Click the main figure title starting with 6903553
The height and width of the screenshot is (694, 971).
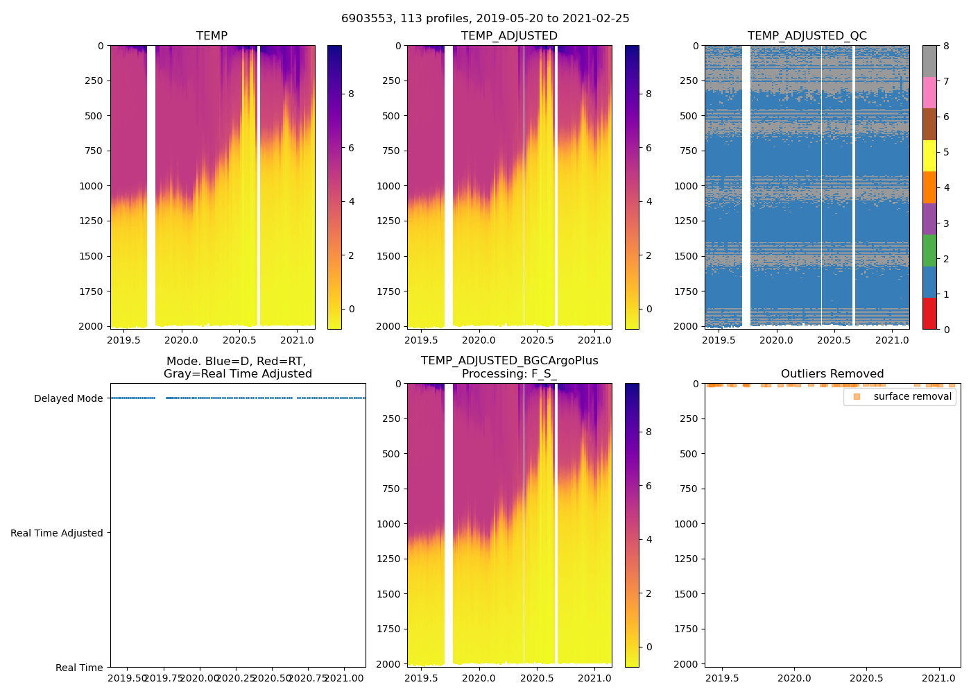[486, 19]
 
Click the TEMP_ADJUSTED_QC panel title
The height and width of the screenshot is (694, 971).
[807, 36]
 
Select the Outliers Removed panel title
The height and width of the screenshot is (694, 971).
[832, 374]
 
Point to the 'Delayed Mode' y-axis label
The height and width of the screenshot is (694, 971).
[68, 398]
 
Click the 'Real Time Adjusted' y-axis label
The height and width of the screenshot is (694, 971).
[57, 533]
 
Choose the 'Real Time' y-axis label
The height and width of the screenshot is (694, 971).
[79, 668]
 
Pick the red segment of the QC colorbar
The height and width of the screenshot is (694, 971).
[929, 313]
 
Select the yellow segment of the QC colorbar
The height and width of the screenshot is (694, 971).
[929, 155]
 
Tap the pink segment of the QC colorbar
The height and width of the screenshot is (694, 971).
[929, 92]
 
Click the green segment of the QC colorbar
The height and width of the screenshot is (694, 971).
[929, 250]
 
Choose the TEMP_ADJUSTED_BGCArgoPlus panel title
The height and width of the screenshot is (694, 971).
[509, 367]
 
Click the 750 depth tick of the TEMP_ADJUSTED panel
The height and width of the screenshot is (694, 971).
[391, 151]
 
